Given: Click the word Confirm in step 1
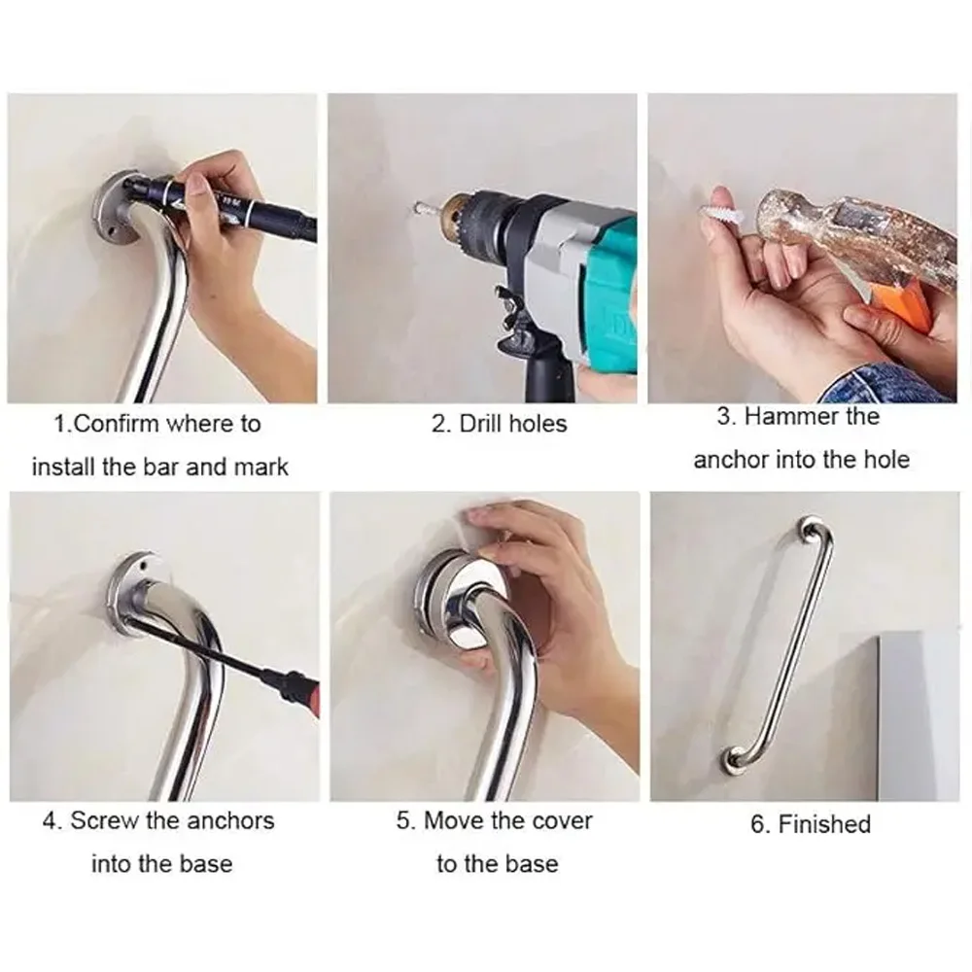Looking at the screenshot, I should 116,424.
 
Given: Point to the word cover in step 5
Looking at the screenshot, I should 555,820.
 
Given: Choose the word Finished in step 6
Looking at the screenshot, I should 823,824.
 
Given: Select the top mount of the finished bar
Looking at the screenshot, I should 807,530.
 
